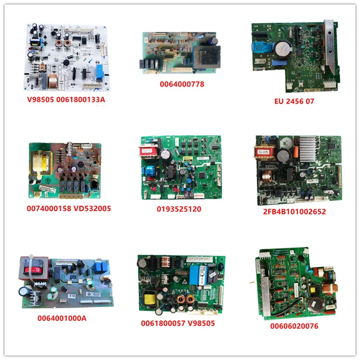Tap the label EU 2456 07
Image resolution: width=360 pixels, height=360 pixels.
(x=294, y=101)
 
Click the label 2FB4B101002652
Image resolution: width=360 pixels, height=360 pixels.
(x=295, y=211)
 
